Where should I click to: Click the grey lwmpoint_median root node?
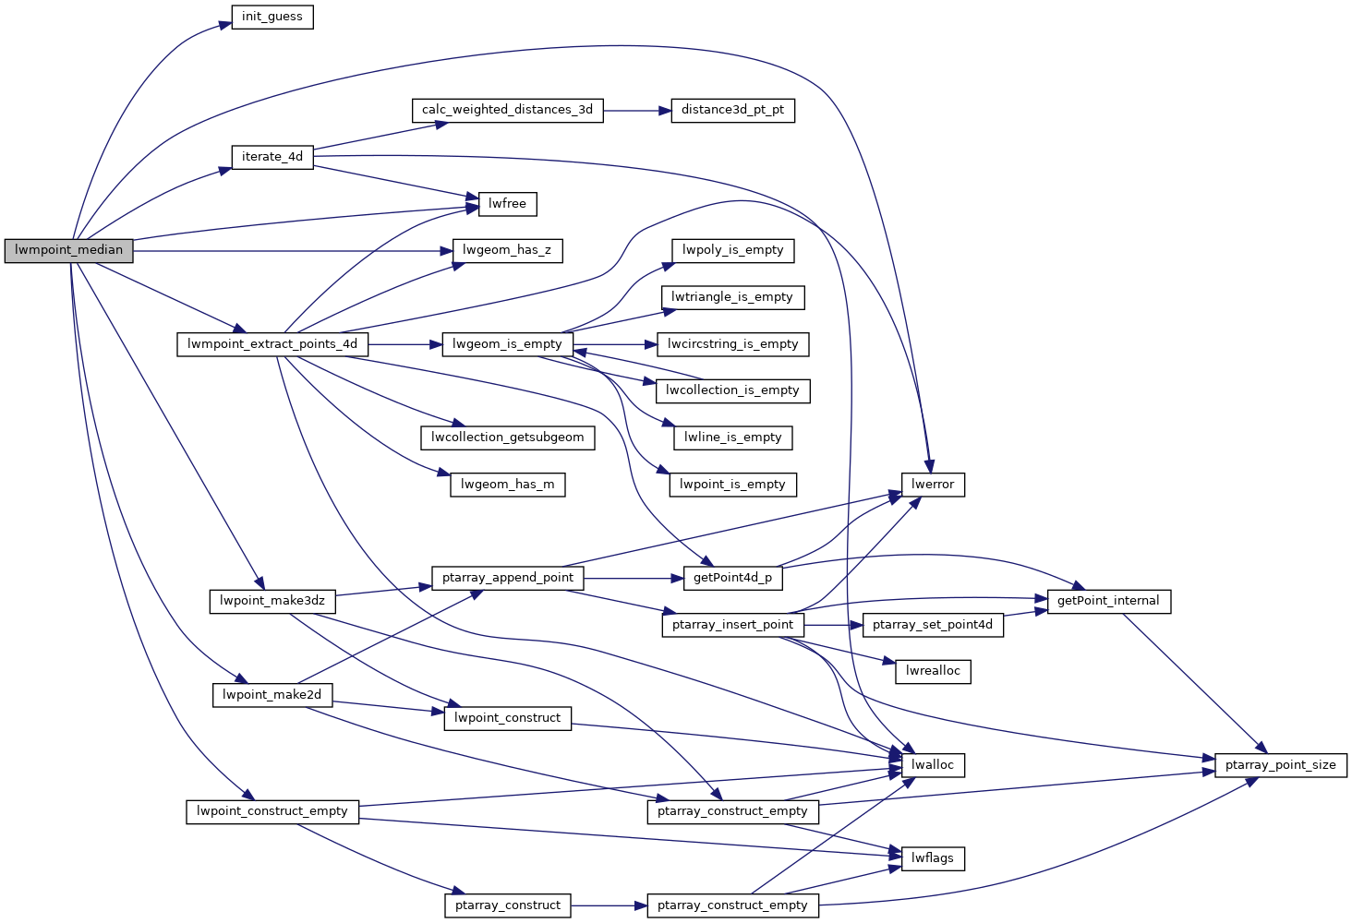pyautogui.click(x=69, y=250)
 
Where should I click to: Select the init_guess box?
pyautogui.click(x=272, y=18)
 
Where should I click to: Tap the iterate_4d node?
pyautogui.click(x=272, y=157)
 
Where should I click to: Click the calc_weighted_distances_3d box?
pyautogui.click(x=507, y=110)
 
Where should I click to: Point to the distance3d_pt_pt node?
pyautogui.click(x=732, y=110)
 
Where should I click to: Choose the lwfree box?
pyautogui.click(x=507, y=204)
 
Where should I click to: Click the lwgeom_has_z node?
pyautogui.click(x=507, y=250)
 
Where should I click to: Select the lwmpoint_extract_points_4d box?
pyautogui.click(x=272, y=344)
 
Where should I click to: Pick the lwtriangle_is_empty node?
pyautogui.click(x=732, y=297)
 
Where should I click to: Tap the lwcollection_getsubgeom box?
pyautogui.click(x=507, y=438)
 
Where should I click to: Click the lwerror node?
pyautogui.click(x=933, y=485)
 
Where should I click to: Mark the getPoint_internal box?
pyautogui.click(x=1108, y=601)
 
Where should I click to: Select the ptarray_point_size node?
pyautogui.click(x=1281, y=765)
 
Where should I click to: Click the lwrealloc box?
pyautogui.click(x=933, y=671)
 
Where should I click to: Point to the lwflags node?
pyautogui.click(x=933, y=858)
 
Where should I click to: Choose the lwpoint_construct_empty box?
pyautogui.click(x=272, y=811)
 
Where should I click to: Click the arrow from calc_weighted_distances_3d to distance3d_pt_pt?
pyautogui.click(x=637, y=110)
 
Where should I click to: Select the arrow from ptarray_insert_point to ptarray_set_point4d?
pyautogui.click(x=833, y=625)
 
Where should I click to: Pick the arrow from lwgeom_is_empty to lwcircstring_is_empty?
pyautogui.click(x=614, y=344)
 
